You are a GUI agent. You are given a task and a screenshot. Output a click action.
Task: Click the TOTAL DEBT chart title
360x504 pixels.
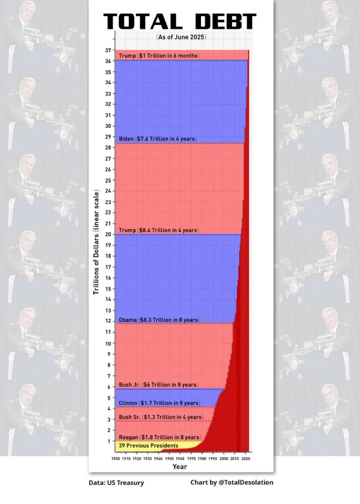[179, 21]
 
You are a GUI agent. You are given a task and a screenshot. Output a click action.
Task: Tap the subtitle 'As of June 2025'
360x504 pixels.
[181, 37]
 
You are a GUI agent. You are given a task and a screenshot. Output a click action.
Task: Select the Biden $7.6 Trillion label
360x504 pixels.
[158, 139]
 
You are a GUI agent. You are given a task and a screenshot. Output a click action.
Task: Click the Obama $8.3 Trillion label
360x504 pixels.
[158, 320]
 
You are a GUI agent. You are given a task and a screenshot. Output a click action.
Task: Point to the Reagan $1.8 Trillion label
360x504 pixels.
[160, 437]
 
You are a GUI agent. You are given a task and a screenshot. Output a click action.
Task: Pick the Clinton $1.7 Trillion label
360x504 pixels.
[159, 403]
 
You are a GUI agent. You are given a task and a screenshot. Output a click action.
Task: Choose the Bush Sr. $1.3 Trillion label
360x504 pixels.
[160, 417]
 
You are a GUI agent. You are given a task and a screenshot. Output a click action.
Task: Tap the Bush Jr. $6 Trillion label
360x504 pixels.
[158, 385]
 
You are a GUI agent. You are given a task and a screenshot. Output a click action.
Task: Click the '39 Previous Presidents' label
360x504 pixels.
[148, 445]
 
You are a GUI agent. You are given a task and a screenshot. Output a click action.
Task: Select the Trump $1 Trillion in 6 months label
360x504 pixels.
[159, 56]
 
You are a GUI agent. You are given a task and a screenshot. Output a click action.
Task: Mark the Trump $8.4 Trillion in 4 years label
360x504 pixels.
[158, 230]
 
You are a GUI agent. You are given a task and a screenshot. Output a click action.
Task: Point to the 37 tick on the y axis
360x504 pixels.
[108, 50]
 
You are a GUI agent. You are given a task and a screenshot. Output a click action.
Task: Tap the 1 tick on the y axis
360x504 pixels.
[109, 441]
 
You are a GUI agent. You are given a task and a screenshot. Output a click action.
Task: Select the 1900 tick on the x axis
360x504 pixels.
[116, 459]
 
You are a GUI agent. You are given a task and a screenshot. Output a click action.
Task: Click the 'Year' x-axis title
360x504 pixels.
[180, 467]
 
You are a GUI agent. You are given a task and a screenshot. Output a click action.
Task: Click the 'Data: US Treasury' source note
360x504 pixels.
[116, 483]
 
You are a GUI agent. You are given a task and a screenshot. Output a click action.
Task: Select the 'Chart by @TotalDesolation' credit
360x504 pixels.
[231, 483]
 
